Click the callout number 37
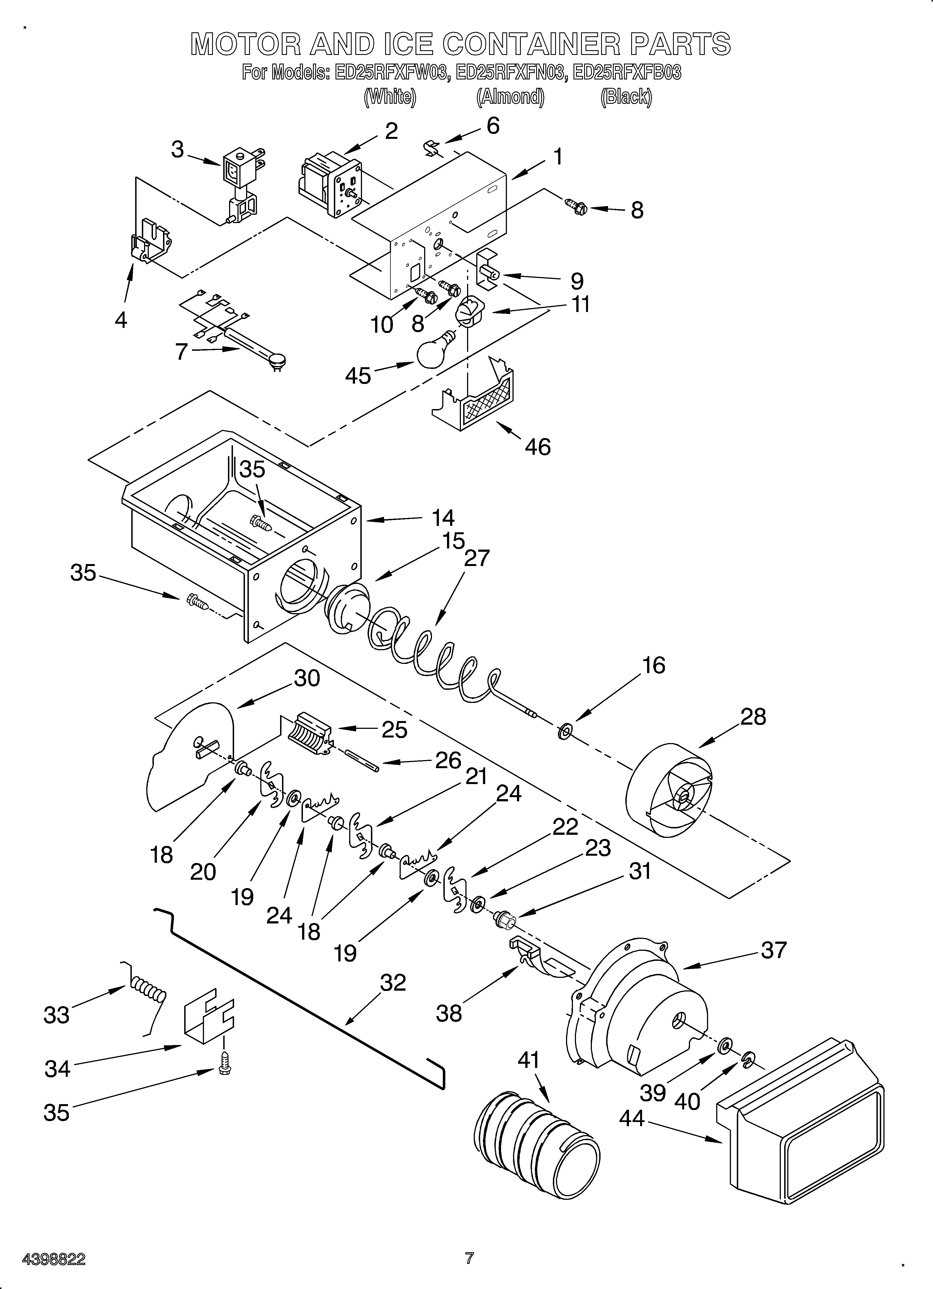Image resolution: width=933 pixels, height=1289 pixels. click(x=773, y=950)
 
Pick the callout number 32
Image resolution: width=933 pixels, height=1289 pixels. click(x=393, y=982)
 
